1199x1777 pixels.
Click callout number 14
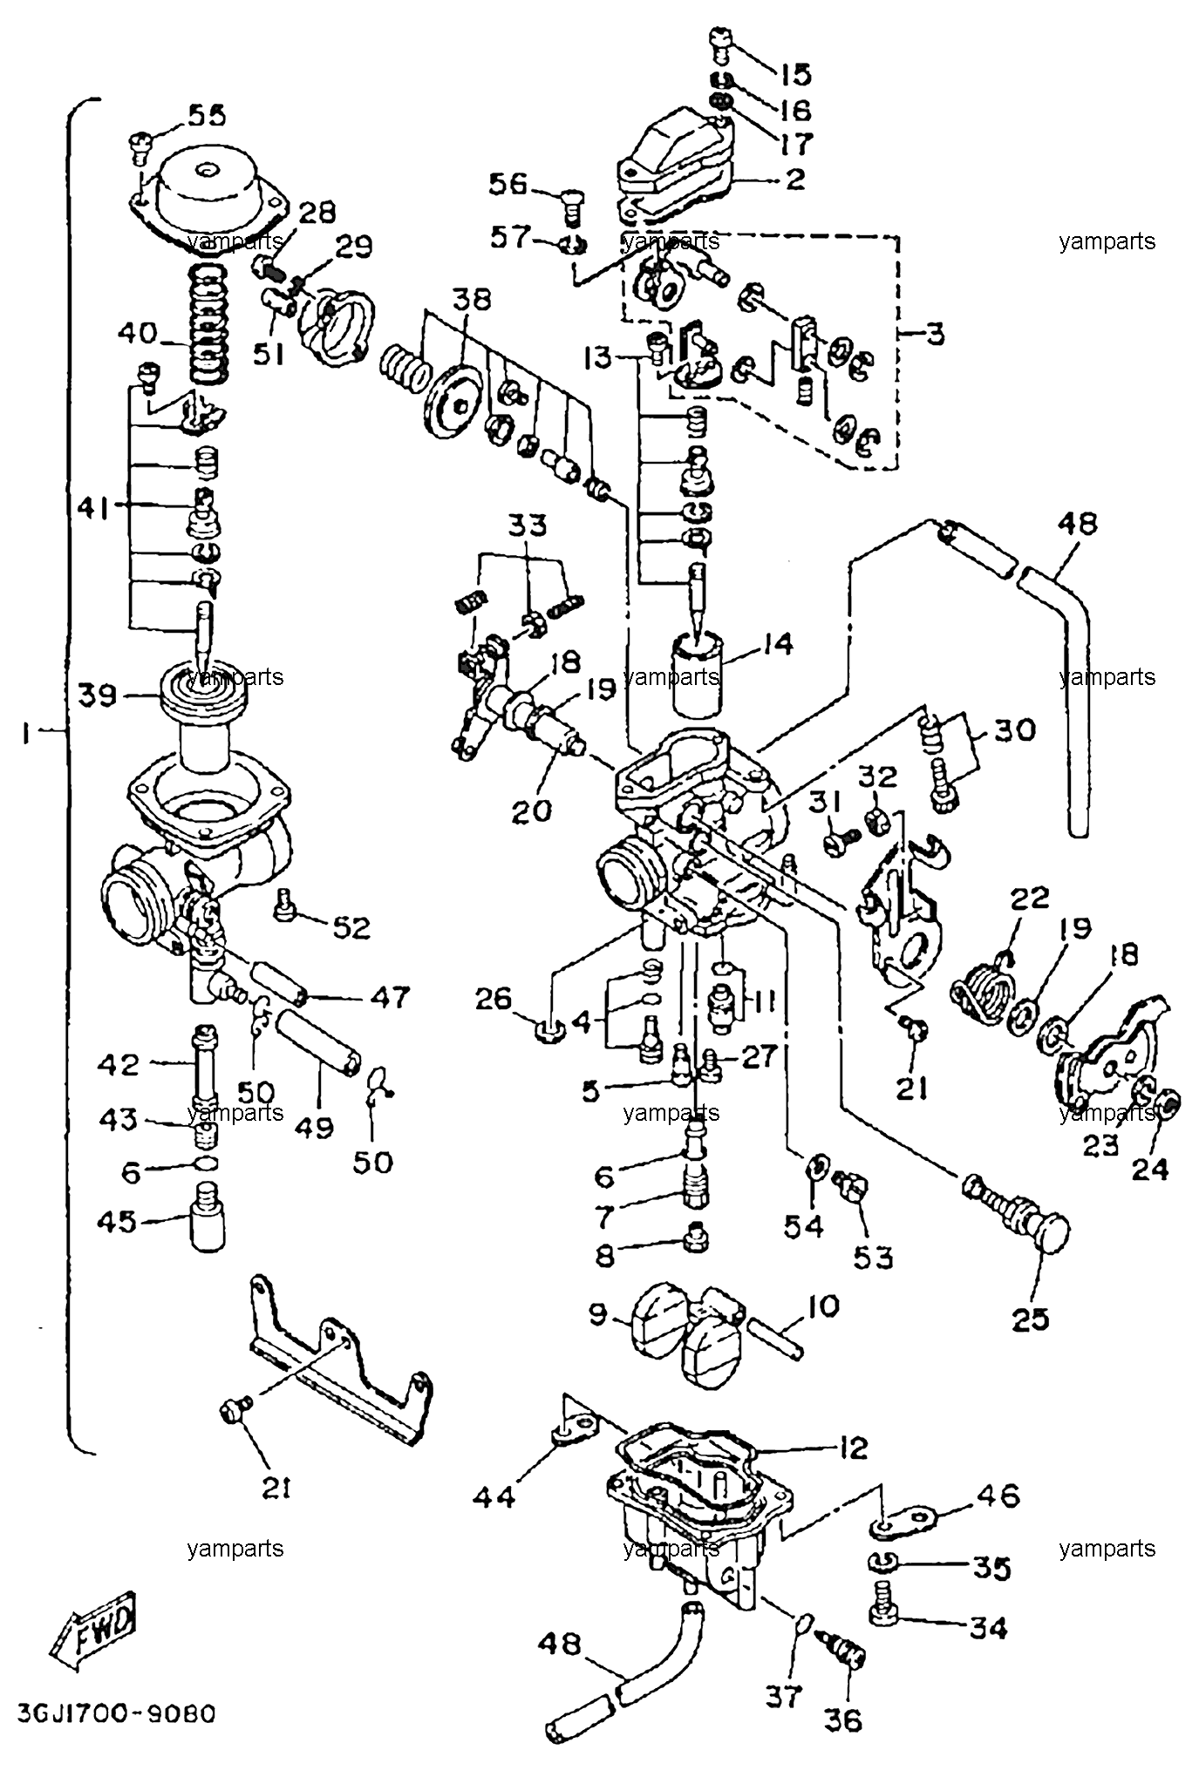point(775,644)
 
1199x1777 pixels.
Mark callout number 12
point(853,1448)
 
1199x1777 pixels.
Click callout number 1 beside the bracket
point(28,735)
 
